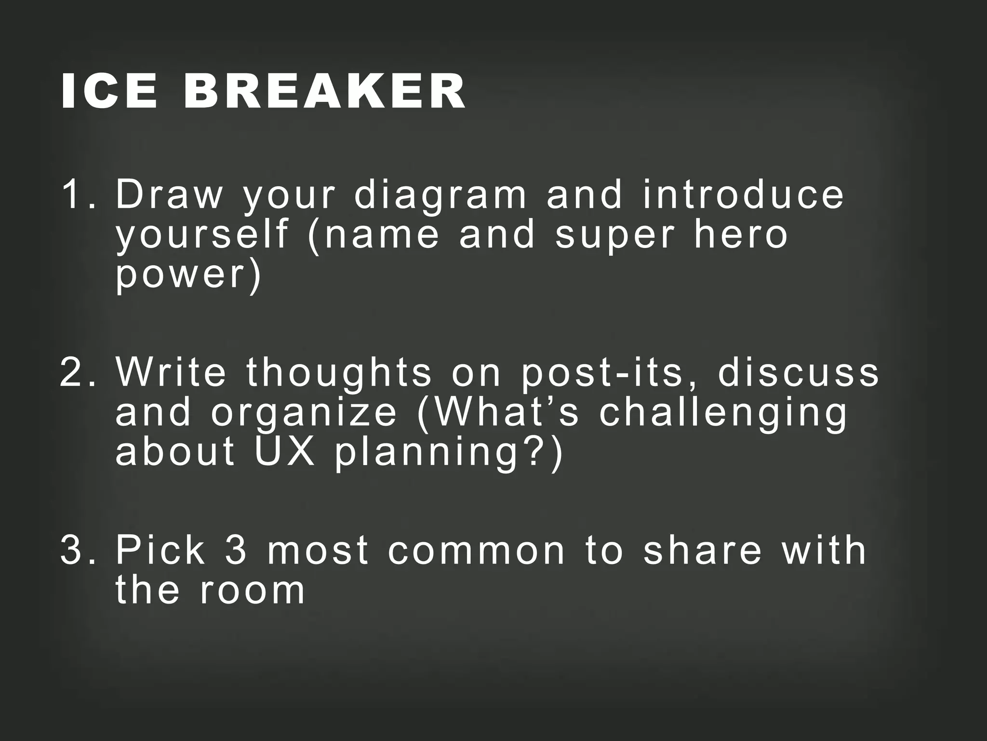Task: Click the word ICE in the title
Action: click(109, 92)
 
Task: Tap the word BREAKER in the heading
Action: click(324, 92)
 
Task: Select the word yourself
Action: click(201, 235)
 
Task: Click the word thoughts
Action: click(339, 374)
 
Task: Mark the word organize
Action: click(304, 414)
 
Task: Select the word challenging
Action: click(723, 414)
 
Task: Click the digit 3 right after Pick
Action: click(236, 550)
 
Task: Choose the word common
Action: click(476, 550)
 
